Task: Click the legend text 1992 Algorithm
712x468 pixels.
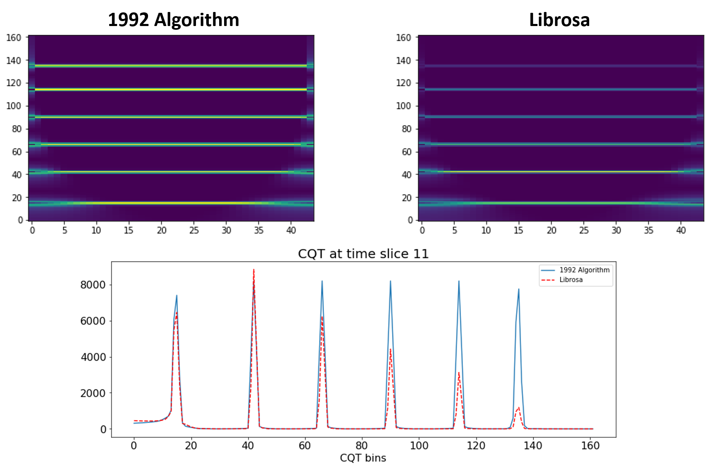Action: point(584,270)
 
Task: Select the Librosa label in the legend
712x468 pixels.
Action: point(571,280)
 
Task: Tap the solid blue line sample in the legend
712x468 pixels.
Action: point(548,270)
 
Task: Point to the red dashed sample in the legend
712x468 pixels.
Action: point(548,280)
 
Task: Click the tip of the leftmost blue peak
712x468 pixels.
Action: point(177,295)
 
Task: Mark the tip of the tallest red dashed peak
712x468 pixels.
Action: point(253,270)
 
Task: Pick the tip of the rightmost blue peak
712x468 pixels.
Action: point(518,289)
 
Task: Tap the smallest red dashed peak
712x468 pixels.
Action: point(518,407)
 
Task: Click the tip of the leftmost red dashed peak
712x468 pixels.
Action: point(177,312)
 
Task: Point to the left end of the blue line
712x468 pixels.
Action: point(134,423)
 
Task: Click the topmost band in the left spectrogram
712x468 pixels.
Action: point(171,65)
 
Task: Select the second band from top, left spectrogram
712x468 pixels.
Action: point(171,89)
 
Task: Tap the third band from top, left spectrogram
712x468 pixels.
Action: point(171,117)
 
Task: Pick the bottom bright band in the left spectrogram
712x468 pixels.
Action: point(171,203)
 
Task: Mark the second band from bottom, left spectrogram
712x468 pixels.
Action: point(171,172)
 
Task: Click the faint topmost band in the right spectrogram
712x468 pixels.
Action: point(561,66)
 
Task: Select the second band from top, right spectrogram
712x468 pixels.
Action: point(561,89)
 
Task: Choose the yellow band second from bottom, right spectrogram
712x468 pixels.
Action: point(561,171)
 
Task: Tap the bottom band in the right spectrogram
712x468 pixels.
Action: point(561,203)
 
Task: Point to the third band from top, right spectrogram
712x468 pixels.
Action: point(561,117)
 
